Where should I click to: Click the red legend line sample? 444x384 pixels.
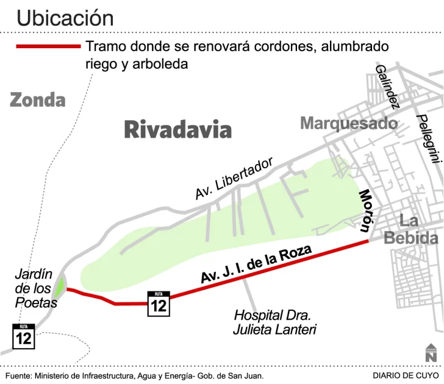tap(48, 46)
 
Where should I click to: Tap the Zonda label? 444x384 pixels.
tap(37, 99)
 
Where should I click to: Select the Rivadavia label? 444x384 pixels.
tap(178, 130)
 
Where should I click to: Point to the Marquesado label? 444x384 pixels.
tap(348, 124)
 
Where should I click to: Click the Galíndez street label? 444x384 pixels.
tap(387, 86)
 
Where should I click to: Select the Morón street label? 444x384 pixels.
tap(365, 210)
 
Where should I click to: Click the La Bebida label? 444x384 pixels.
tap(410, 230)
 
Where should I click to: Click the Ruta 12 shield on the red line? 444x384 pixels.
tap(159, 304)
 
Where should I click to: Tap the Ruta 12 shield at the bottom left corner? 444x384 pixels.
tap(24, 336)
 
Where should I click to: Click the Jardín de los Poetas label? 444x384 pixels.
tap(35, 288)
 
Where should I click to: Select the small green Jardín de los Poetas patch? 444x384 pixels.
tap(60, 286)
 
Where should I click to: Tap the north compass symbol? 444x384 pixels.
tap(431, 352)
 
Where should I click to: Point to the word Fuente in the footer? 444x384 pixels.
tap(18, 376)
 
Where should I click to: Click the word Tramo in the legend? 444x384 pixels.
tap(106, 46)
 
